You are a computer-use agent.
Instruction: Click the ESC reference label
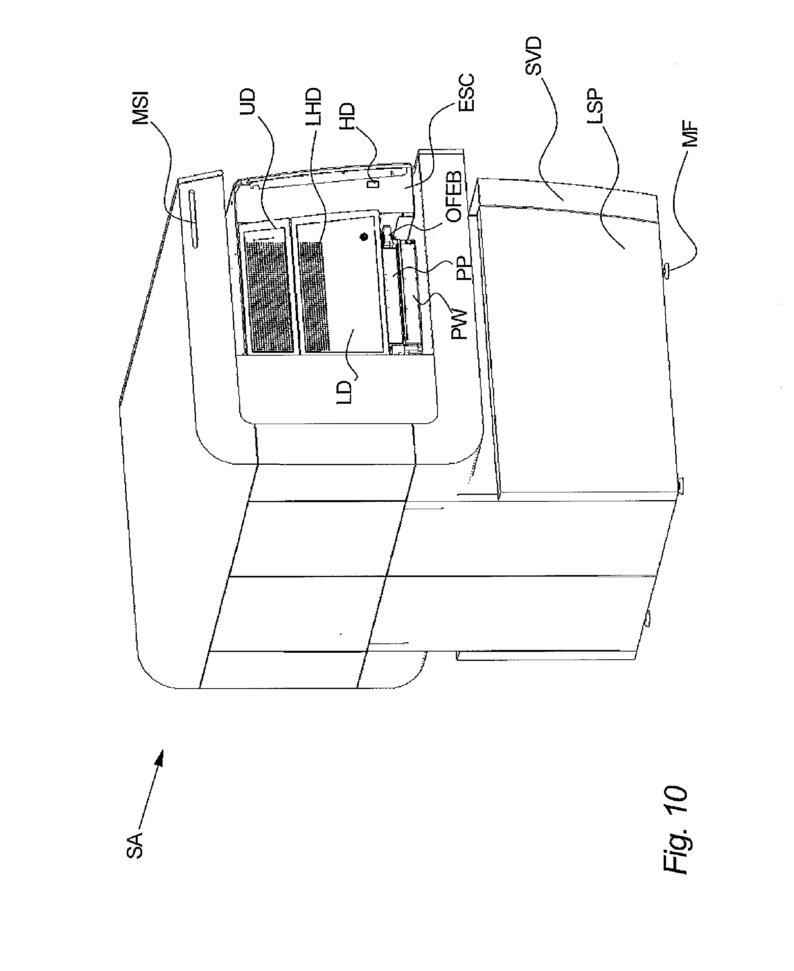pyautogui.click(x=467, y=93)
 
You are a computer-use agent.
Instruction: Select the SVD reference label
pyautogui.click(x=533, y=56)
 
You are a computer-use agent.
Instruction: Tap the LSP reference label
pyautogui.click(x=596, y=110)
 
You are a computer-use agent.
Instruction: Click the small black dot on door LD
pyautogui.click(x=364, y=237)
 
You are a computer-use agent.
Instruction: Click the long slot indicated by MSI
pyautogui.click(x=194, y=219)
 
